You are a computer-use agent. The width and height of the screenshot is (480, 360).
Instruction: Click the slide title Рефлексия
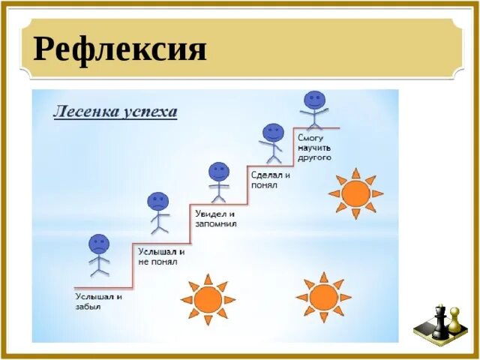[x=120, y=49]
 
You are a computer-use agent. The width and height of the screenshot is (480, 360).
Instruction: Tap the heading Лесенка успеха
[x=115, y=112]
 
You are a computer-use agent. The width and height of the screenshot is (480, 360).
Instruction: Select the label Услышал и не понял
[x=161, y=256]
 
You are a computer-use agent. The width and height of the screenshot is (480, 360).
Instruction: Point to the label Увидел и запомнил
[x=216, y=217]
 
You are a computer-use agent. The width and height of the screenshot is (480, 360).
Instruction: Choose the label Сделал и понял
[x=270, y=179]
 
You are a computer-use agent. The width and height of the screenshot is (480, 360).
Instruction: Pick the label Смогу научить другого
[x=315, y=148]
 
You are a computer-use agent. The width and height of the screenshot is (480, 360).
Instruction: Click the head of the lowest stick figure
[x=99, y=244]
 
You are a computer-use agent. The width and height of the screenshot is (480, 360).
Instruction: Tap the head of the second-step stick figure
[x=158, y=201]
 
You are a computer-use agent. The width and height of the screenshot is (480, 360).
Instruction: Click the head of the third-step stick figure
[x=218, y=172]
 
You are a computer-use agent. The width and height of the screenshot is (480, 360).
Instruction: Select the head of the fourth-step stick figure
[x=274, y=133]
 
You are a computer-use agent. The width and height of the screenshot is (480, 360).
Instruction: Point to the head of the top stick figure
[x=315, y=100]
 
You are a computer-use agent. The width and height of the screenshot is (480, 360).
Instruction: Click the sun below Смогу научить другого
[x=355, y=193]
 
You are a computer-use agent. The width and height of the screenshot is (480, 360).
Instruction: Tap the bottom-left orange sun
[x=208, y=299]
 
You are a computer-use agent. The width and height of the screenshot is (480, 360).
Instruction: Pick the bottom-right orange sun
[x=324, y=297]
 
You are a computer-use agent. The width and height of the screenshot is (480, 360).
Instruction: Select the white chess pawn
[x=454, y=322]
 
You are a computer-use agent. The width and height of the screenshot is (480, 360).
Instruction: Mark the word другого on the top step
[x=315, y=158]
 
